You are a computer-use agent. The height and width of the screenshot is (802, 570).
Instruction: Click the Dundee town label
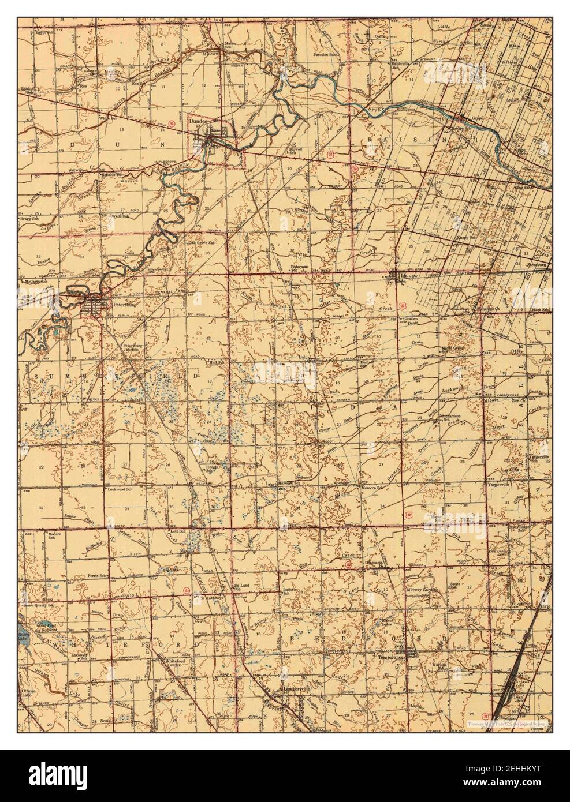click(x=200, y=122)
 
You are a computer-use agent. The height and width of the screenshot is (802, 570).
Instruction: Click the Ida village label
click(x=403, y=277)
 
